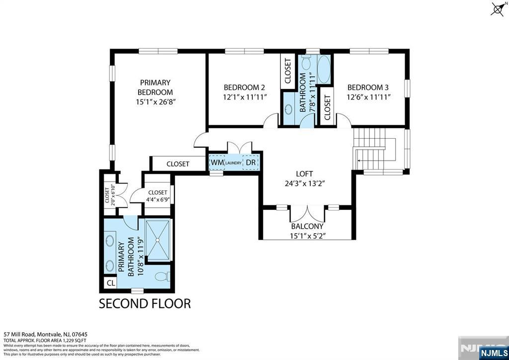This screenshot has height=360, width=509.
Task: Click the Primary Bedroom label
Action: click(x=155, y=88)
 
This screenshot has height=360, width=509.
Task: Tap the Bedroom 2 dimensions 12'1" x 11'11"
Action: click(x=245, y=97)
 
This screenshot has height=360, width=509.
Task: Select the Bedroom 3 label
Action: click(x=368, y=87)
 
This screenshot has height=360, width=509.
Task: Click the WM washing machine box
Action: click(x=217, y=163)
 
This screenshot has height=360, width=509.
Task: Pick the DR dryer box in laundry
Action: click(x=251, y=163)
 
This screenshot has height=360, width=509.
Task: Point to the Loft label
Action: click(x=304, y=174)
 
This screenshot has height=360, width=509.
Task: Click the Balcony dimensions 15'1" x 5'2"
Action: click(x=308, y=236)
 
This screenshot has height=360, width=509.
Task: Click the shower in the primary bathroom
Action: click(x=158, y=239)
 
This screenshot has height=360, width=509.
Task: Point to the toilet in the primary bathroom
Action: click(x=161, y=276)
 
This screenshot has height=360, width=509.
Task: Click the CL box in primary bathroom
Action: click(x=110, y=282)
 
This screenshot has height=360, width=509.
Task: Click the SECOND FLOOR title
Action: click(x=145, y=303)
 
